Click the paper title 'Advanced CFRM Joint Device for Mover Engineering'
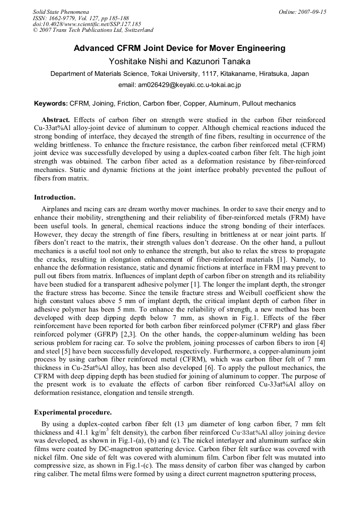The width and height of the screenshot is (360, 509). [x=179, y=48]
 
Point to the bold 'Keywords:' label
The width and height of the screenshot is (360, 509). [x=51, y=103]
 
